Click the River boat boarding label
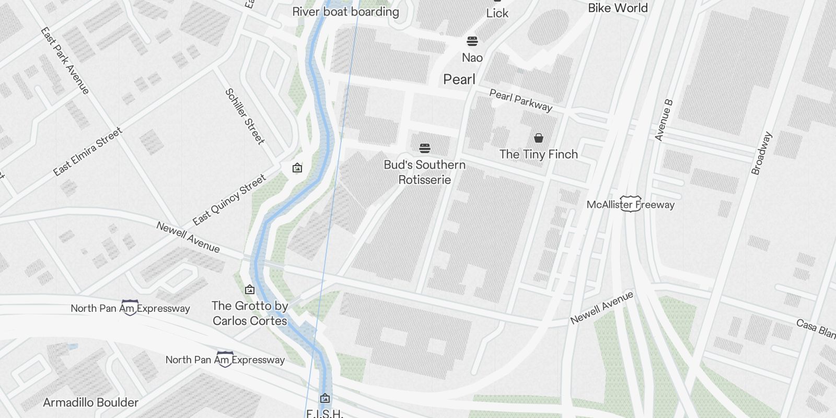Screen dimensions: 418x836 [x=345, y=12]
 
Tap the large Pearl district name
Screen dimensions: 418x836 [x=459, y=79]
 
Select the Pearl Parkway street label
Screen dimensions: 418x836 [x=520, y=100]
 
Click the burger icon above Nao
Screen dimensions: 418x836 [x=472, y=41]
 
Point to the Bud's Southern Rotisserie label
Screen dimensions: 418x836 [x=424, y=172]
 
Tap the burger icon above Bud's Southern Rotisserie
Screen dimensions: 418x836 [x=425, y=148]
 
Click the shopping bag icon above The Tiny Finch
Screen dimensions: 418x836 [x=539, y=138]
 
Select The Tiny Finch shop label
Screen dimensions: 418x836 [x=538, y=154]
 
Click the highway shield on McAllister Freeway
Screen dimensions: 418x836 [x=631, y=205]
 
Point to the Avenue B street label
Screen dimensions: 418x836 [x=663, y=121]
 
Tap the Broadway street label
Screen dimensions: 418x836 [x=761, y=153]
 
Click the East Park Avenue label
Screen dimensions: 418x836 [x=65, y=61]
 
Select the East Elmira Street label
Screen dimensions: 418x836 [x=88, y=152]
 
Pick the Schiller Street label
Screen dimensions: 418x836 [x=245, y=116]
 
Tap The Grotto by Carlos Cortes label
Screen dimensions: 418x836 [x=250, y=313]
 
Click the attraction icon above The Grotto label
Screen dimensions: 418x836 [x=250, y=289]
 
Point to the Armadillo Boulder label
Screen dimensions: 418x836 [x=90, y=402]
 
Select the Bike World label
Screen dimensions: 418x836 [x=618, y=8]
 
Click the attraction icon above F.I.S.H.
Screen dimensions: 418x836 [x=324, y=398]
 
